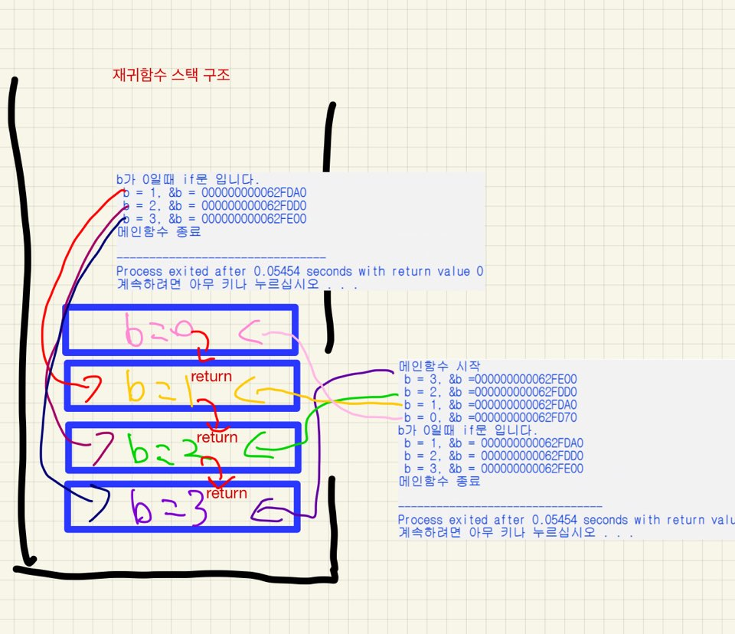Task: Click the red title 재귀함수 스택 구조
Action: pos(171,75)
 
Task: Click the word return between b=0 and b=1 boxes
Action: pos(211,377)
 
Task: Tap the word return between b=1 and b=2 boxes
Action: pos(217,437)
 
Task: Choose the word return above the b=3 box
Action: pos(227,493)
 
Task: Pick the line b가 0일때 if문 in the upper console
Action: pos(188,179)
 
